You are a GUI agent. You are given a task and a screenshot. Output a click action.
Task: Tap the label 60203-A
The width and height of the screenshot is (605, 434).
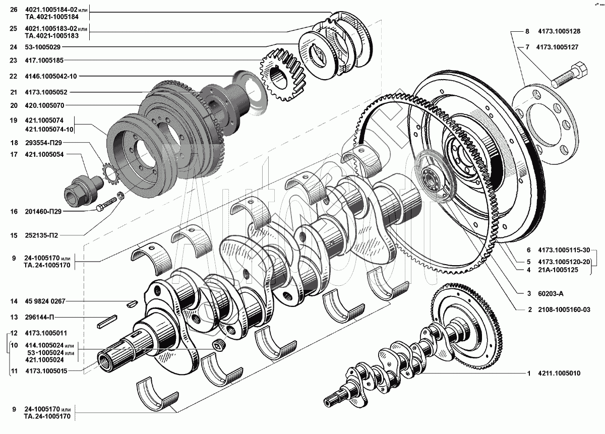click(x=547, y=293)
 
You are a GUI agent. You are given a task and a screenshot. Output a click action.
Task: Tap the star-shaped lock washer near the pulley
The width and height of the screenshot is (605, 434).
click(x=109, y=171)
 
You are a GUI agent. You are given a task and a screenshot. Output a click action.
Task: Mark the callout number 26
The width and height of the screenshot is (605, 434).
click(x=13, y=10)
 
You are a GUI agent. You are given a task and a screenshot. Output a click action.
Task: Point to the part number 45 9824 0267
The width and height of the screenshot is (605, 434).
click(x=45, y=301)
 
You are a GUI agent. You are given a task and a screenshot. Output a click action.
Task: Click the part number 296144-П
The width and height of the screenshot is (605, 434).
click(x=39, y=318)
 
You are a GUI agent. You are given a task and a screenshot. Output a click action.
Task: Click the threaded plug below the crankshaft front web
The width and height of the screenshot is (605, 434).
click(x=218, y=345)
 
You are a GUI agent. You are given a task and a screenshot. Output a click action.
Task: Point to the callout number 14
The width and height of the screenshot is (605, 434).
click(x=14, y=301)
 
